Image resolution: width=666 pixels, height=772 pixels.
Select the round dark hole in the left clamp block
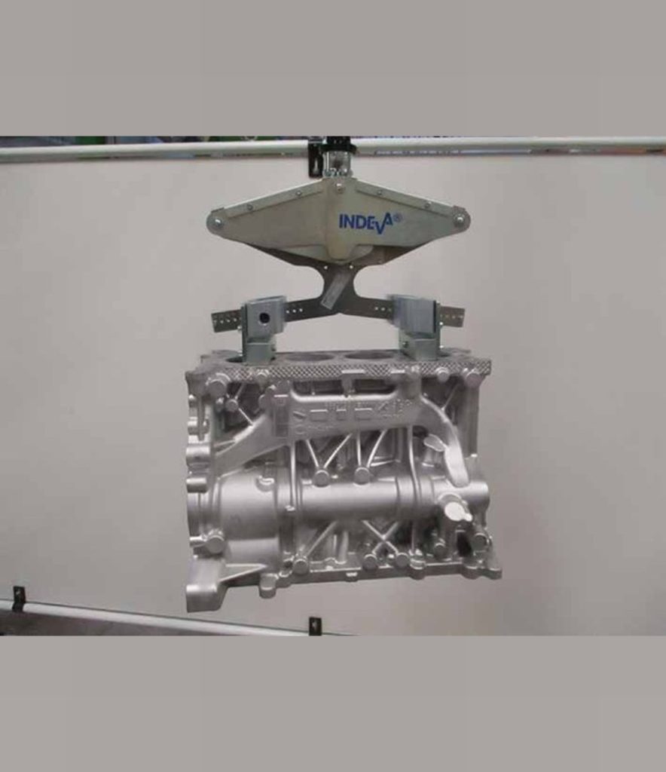tap(265, 317)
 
